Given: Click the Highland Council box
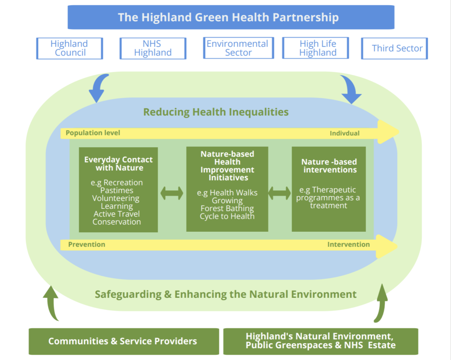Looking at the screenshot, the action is pos(70,48).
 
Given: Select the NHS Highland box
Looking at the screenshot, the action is pos(153,48).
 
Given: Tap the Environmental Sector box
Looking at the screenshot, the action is pos(238,48).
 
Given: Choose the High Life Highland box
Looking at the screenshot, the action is pos(315,48).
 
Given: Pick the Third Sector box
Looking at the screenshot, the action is pos(394,48).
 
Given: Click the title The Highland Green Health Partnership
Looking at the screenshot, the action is pos(229,17).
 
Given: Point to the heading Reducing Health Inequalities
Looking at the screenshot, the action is pos(216,112).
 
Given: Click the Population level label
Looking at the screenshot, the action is pos(93,133).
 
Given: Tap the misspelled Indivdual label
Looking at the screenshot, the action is pos(344,133).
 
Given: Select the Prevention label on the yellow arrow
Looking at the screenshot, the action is pos(87,244).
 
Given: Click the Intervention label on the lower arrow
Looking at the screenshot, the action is pos(349,244).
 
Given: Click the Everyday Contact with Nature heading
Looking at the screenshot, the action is pos(118,164).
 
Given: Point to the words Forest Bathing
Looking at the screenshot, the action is pos(227,208).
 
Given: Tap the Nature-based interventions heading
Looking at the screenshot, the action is pos(329,166).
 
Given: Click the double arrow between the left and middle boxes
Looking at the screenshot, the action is pos(172,193).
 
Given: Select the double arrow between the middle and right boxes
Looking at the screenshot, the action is pos(279,193).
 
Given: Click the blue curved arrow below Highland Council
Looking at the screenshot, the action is pos(98,88).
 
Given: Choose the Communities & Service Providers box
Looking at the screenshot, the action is pos(124,341).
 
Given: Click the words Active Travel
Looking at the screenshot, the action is pos(117,214).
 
